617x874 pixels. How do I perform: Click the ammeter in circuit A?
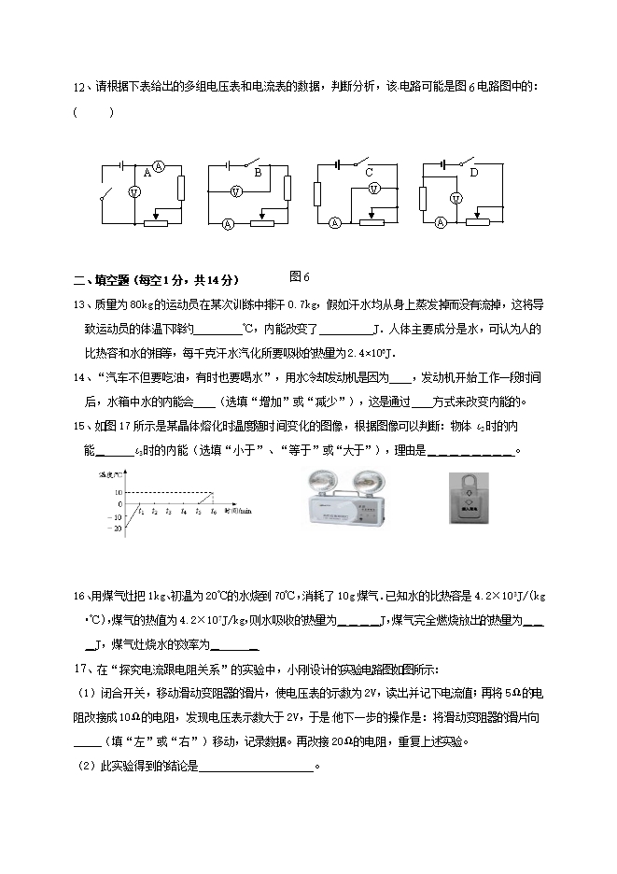click(159, 167)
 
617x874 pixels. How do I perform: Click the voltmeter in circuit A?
click(133, 191)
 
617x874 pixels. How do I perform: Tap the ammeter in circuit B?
click(229, 224)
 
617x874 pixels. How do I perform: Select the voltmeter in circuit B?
click(237, 190)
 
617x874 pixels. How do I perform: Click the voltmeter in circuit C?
click(374, 188)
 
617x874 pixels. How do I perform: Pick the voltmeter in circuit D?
click(456, 197)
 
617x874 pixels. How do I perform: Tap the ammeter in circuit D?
click(440, 223)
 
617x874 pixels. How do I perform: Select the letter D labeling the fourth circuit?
click(474, 173)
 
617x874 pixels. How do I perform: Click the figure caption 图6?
click(299, 276)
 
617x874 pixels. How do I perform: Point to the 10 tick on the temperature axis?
click(119, 491)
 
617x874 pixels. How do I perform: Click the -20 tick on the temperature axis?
click(117, 529)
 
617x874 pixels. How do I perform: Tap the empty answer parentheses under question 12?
click(93, 113)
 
